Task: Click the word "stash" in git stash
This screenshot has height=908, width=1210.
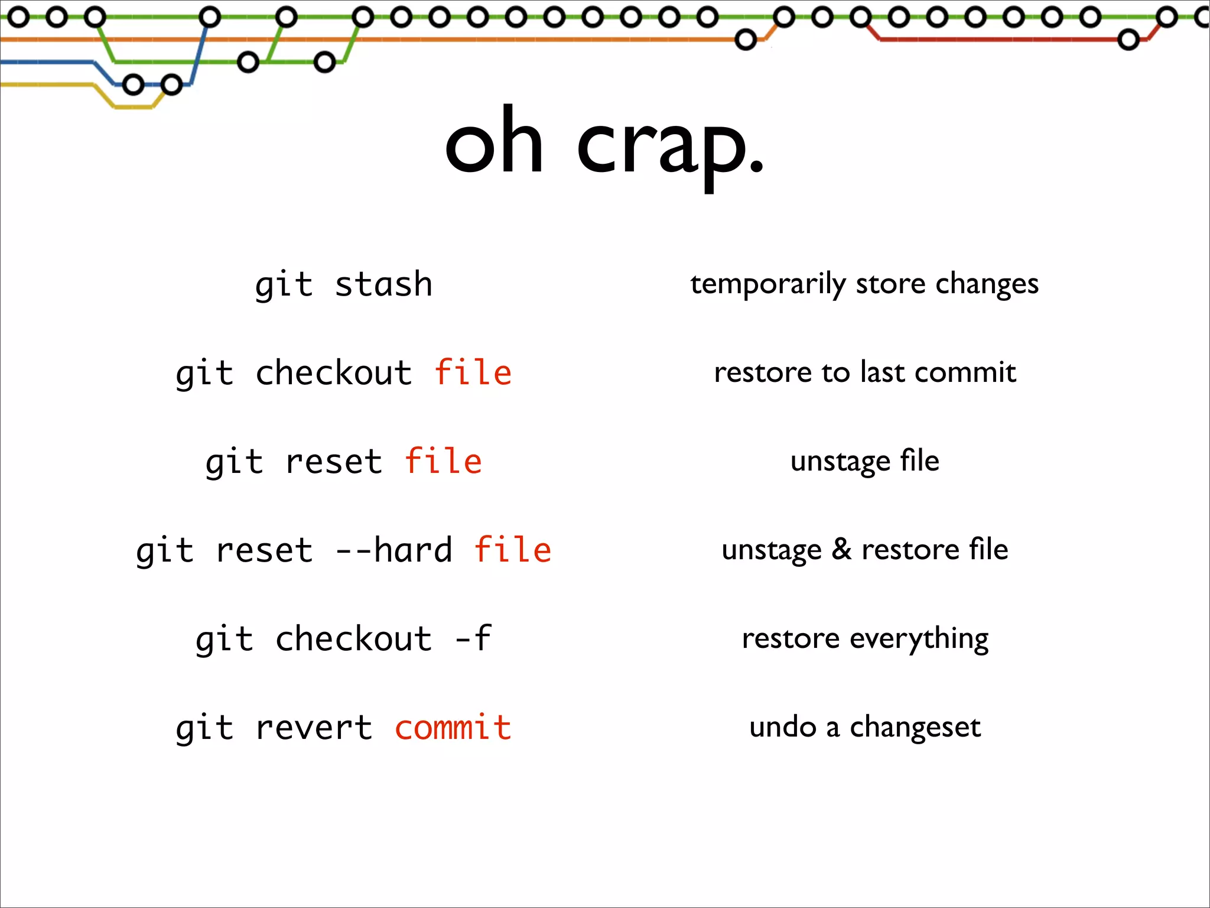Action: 383,284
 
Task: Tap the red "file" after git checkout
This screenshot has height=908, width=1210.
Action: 473,372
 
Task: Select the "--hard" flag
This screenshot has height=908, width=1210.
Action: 393,550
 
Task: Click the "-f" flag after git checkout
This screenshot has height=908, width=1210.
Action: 473,638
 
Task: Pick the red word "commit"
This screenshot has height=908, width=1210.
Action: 453,727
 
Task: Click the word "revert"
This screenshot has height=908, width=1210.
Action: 314,727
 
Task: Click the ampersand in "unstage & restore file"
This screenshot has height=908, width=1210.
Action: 841,549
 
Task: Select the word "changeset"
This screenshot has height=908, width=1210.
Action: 915,727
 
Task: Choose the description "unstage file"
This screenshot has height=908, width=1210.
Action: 864,461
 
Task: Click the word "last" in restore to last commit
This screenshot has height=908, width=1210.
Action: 883,372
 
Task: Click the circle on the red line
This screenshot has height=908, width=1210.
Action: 1128,40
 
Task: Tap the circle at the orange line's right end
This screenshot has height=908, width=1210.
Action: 746,40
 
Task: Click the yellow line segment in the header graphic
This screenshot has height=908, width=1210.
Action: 134,107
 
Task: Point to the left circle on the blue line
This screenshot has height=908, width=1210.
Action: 134,85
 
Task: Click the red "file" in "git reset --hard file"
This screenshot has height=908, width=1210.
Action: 512,550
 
